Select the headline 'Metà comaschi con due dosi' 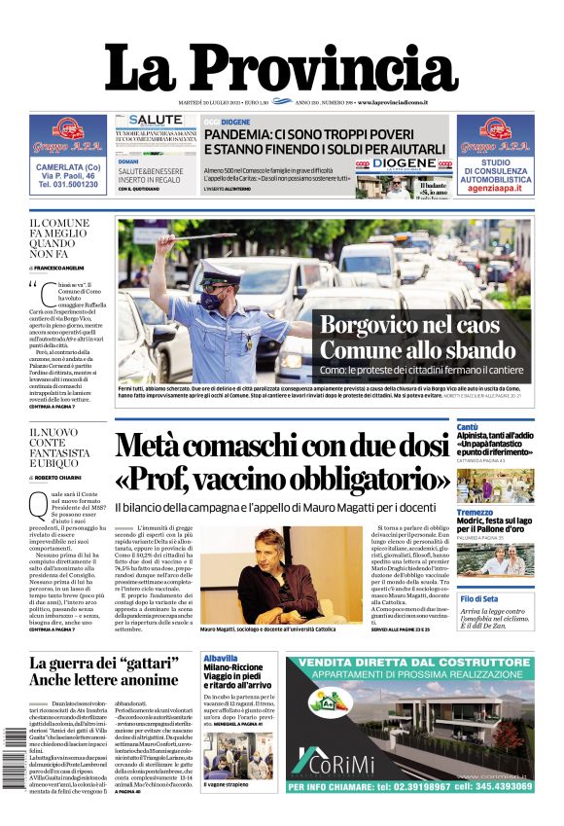pos(282,446)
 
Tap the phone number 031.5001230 pos(68,184)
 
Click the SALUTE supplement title pos(148,120)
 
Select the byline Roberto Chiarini pos(58,479)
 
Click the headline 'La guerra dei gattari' pos(105,670)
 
